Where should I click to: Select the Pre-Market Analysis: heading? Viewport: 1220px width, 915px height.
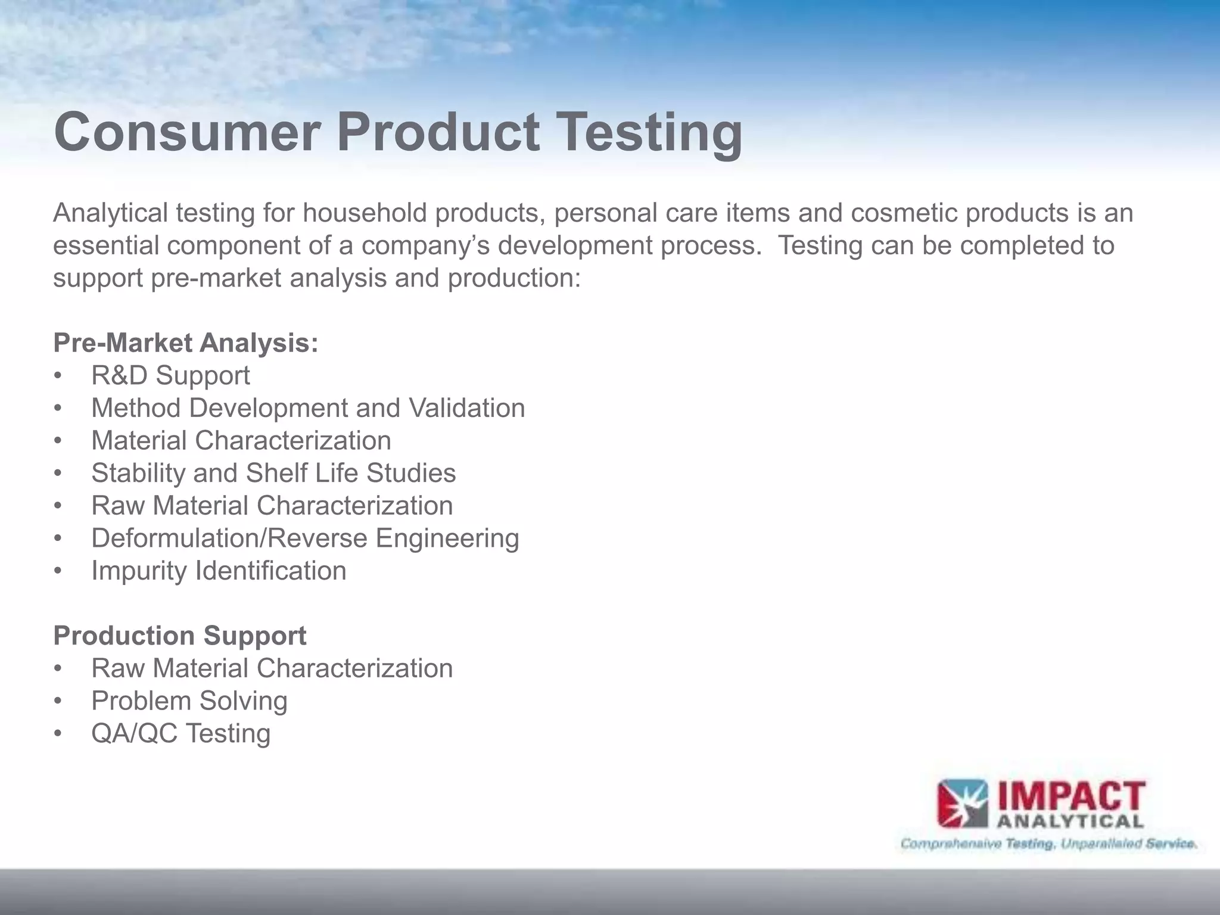point(185,343)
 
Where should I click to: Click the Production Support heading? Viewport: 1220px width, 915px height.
point(179,636)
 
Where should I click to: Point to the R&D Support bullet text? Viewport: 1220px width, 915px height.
point(170,376)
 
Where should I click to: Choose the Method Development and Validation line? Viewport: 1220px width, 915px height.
point(308,409)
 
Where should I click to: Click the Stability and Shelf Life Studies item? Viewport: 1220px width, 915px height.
point(273,474)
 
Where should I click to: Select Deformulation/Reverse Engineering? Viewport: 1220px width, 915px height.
point(305,539)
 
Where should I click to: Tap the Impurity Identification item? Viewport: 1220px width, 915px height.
point(219,571)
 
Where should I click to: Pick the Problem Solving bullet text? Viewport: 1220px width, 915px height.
point(189,701)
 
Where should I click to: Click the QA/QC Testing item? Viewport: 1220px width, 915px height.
point(180,733)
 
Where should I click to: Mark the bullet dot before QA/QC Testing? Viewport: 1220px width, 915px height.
point(58,734)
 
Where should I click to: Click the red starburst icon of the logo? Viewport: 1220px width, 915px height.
point(962,804)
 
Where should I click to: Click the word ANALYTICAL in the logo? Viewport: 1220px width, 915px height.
point(1070,822)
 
